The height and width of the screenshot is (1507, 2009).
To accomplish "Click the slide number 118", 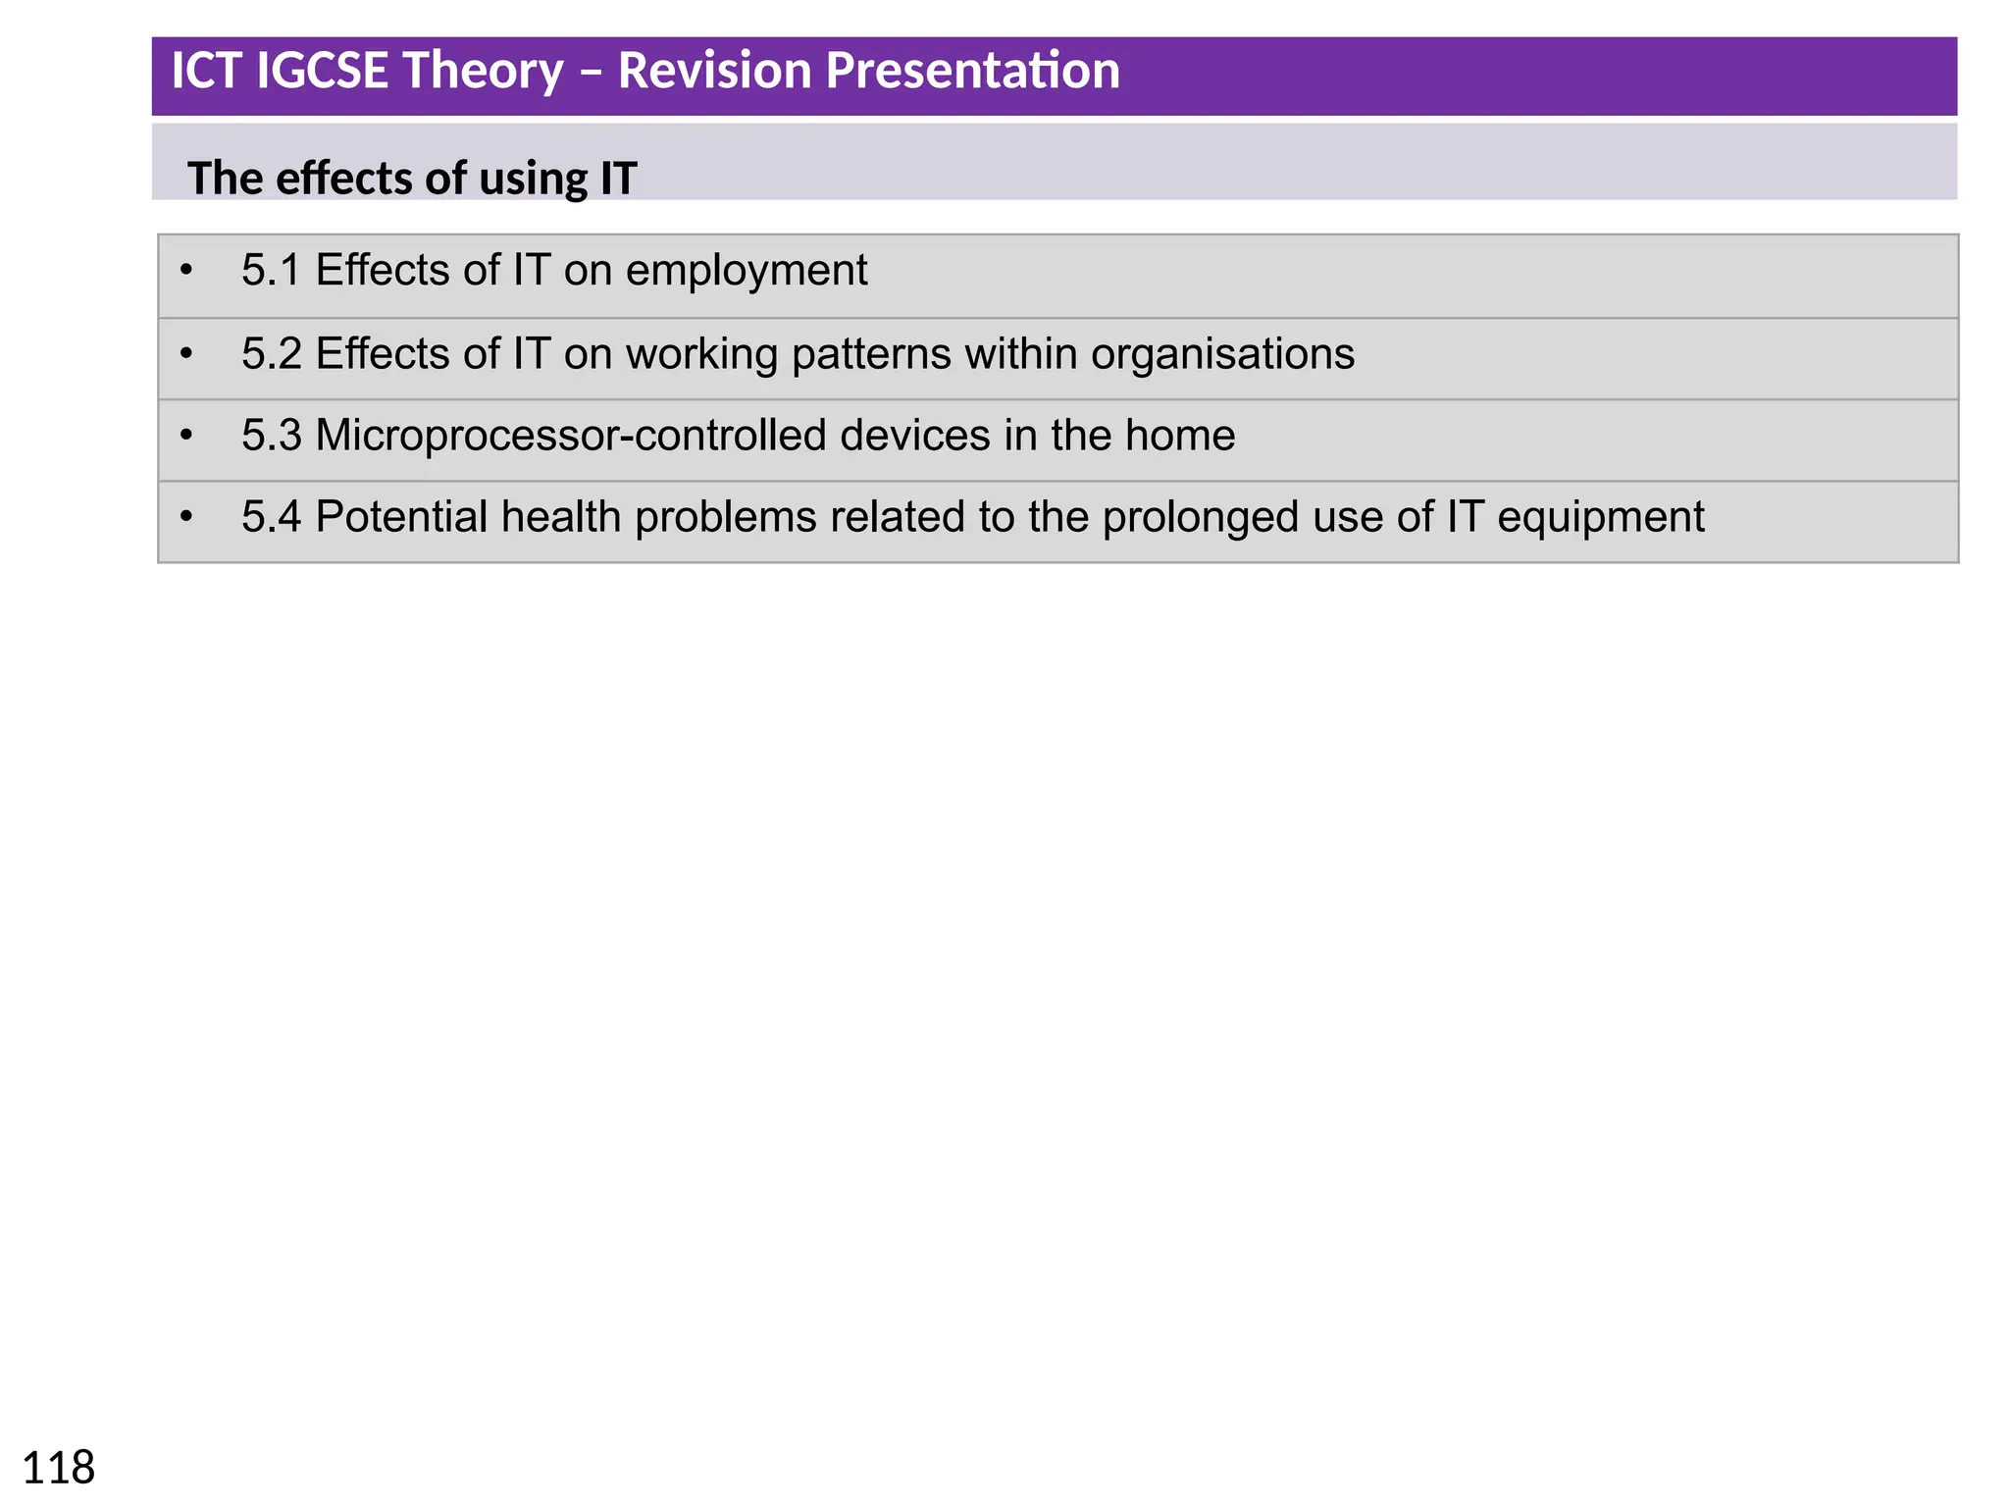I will coord(58,1468).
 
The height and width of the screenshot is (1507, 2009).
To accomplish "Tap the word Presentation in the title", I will coord(966,72).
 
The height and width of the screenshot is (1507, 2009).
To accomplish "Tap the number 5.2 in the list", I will coord(271,354).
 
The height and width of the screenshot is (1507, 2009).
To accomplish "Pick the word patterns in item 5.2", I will coord(870,354).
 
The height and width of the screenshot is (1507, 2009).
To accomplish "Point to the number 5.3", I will coord(271,436).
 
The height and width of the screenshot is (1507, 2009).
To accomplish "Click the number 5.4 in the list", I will coord(271,517).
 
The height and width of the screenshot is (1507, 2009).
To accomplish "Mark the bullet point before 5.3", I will coord(186,435).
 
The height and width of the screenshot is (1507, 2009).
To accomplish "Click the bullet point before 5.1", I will coord(186,270).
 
